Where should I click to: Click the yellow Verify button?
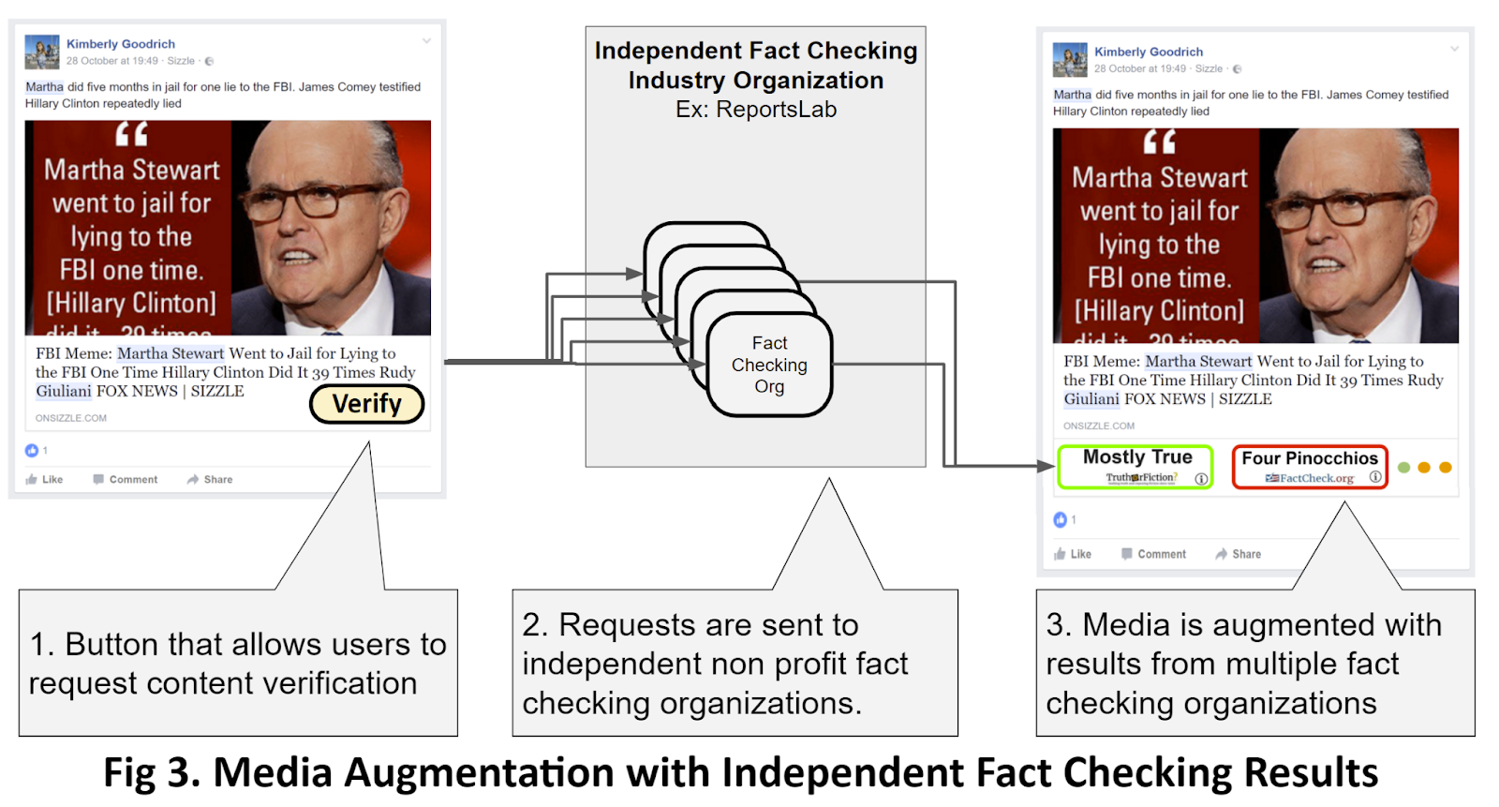[x=366, y=404]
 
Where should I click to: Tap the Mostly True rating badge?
[x=1135, y=467]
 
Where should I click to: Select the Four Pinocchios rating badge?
[x=1309, y=467]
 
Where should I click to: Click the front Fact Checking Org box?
[x=769, y=365]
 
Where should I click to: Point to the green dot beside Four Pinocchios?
[x=1403, y=468]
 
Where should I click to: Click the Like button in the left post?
[x=45, y=479]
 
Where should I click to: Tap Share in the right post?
[x=1238, y=554]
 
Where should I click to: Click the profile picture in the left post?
[x=42, y=52]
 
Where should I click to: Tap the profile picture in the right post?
[x=1070, y=60]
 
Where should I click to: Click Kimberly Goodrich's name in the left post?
[x=121, y=44]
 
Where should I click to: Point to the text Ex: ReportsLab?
[x=756, y=110]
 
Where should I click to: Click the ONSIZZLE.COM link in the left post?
[x=71, y=418]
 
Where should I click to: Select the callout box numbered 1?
[x=238, y=663]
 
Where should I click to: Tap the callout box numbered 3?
[x=1254, y=663]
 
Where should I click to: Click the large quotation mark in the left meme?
[x=132, y=135]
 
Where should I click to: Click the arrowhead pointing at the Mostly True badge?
[x=1046, y=466]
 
